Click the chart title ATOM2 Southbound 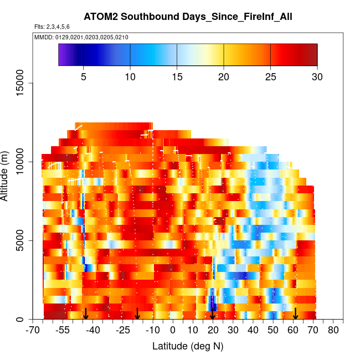point(188,17)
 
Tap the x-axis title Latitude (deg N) point(188,346)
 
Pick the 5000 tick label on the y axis point(23,241)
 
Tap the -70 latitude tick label point(34,331)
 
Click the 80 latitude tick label point(333,331)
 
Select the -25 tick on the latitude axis point(124,331)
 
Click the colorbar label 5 point(83,76)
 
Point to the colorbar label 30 point(317,76)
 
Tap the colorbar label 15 point(177,76)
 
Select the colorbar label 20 point(223,76)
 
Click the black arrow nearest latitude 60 point(296,313)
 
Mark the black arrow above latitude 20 point(213,313)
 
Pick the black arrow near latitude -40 point(86,313)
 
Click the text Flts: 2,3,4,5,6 point(52,27)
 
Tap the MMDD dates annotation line point(81,37)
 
